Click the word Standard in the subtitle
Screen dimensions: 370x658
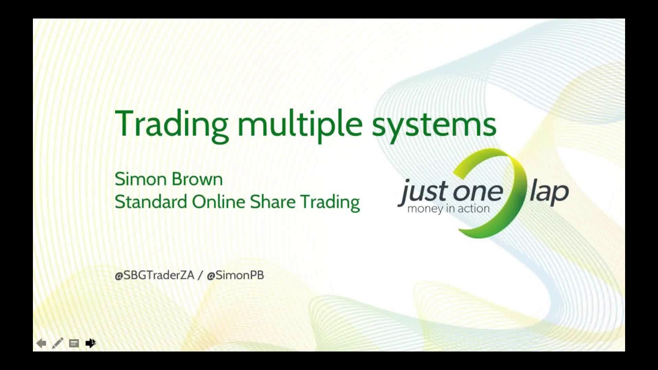(x=151, y=201)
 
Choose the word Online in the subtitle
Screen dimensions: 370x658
(x=219, y=201)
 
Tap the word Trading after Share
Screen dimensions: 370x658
(x=330, y=202)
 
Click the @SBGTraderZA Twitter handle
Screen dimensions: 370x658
(x=154, y=275)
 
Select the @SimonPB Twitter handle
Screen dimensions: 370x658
(x=235, y=275)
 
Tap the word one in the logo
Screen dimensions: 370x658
(x=477, y=191)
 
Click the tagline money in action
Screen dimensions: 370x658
(x=448, y=209)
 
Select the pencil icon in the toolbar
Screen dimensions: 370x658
(x=57, y=343)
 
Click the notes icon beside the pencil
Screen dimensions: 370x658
(x=74, y=343)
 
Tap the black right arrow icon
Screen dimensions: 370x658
(x=90, y=343)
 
